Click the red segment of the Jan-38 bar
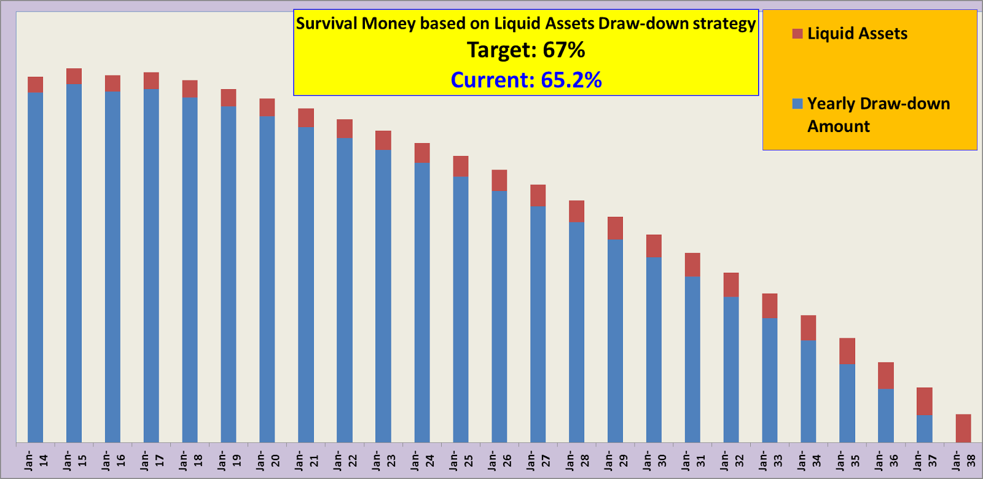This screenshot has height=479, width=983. coord(963,428)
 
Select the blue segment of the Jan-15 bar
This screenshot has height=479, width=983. coord(74,264)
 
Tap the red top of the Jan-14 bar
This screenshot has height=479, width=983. coord(35,85)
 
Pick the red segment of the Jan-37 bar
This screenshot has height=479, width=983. coord(924,401)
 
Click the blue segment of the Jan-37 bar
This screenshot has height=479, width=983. coord(924,429)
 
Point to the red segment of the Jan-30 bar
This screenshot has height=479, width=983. coord(654,246)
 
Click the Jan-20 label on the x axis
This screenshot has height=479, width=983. coord(267,461)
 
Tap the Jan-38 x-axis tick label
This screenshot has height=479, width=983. coord(963,461)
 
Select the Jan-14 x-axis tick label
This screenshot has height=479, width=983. coord(36,461)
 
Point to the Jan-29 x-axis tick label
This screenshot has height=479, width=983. coord(615,461)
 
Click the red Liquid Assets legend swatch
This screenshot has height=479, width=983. coord(797,34)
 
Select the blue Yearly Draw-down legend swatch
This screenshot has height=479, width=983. coord(797,104)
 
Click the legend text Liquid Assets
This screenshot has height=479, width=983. coord(857,34)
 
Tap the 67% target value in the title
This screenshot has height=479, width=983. coord(564,50)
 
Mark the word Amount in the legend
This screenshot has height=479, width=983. coord(839,127)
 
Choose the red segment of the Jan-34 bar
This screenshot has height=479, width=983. coord(809,327)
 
